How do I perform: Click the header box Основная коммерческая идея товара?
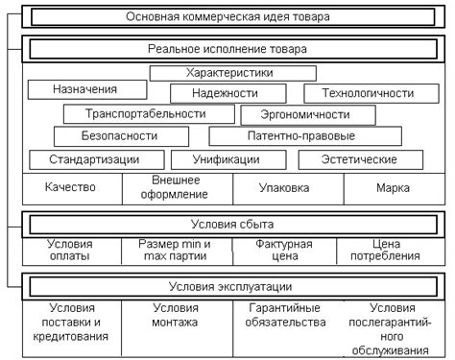231,17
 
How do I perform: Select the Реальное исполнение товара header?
231,49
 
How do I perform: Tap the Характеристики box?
231,72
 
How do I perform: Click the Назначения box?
86,89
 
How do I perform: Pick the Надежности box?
225,93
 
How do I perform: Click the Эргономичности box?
305,114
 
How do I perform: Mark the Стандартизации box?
95,159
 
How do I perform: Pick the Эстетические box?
361,159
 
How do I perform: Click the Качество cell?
71,188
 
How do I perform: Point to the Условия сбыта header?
231,224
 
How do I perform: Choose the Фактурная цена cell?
285,251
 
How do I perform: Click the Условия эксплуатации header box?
231,286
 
